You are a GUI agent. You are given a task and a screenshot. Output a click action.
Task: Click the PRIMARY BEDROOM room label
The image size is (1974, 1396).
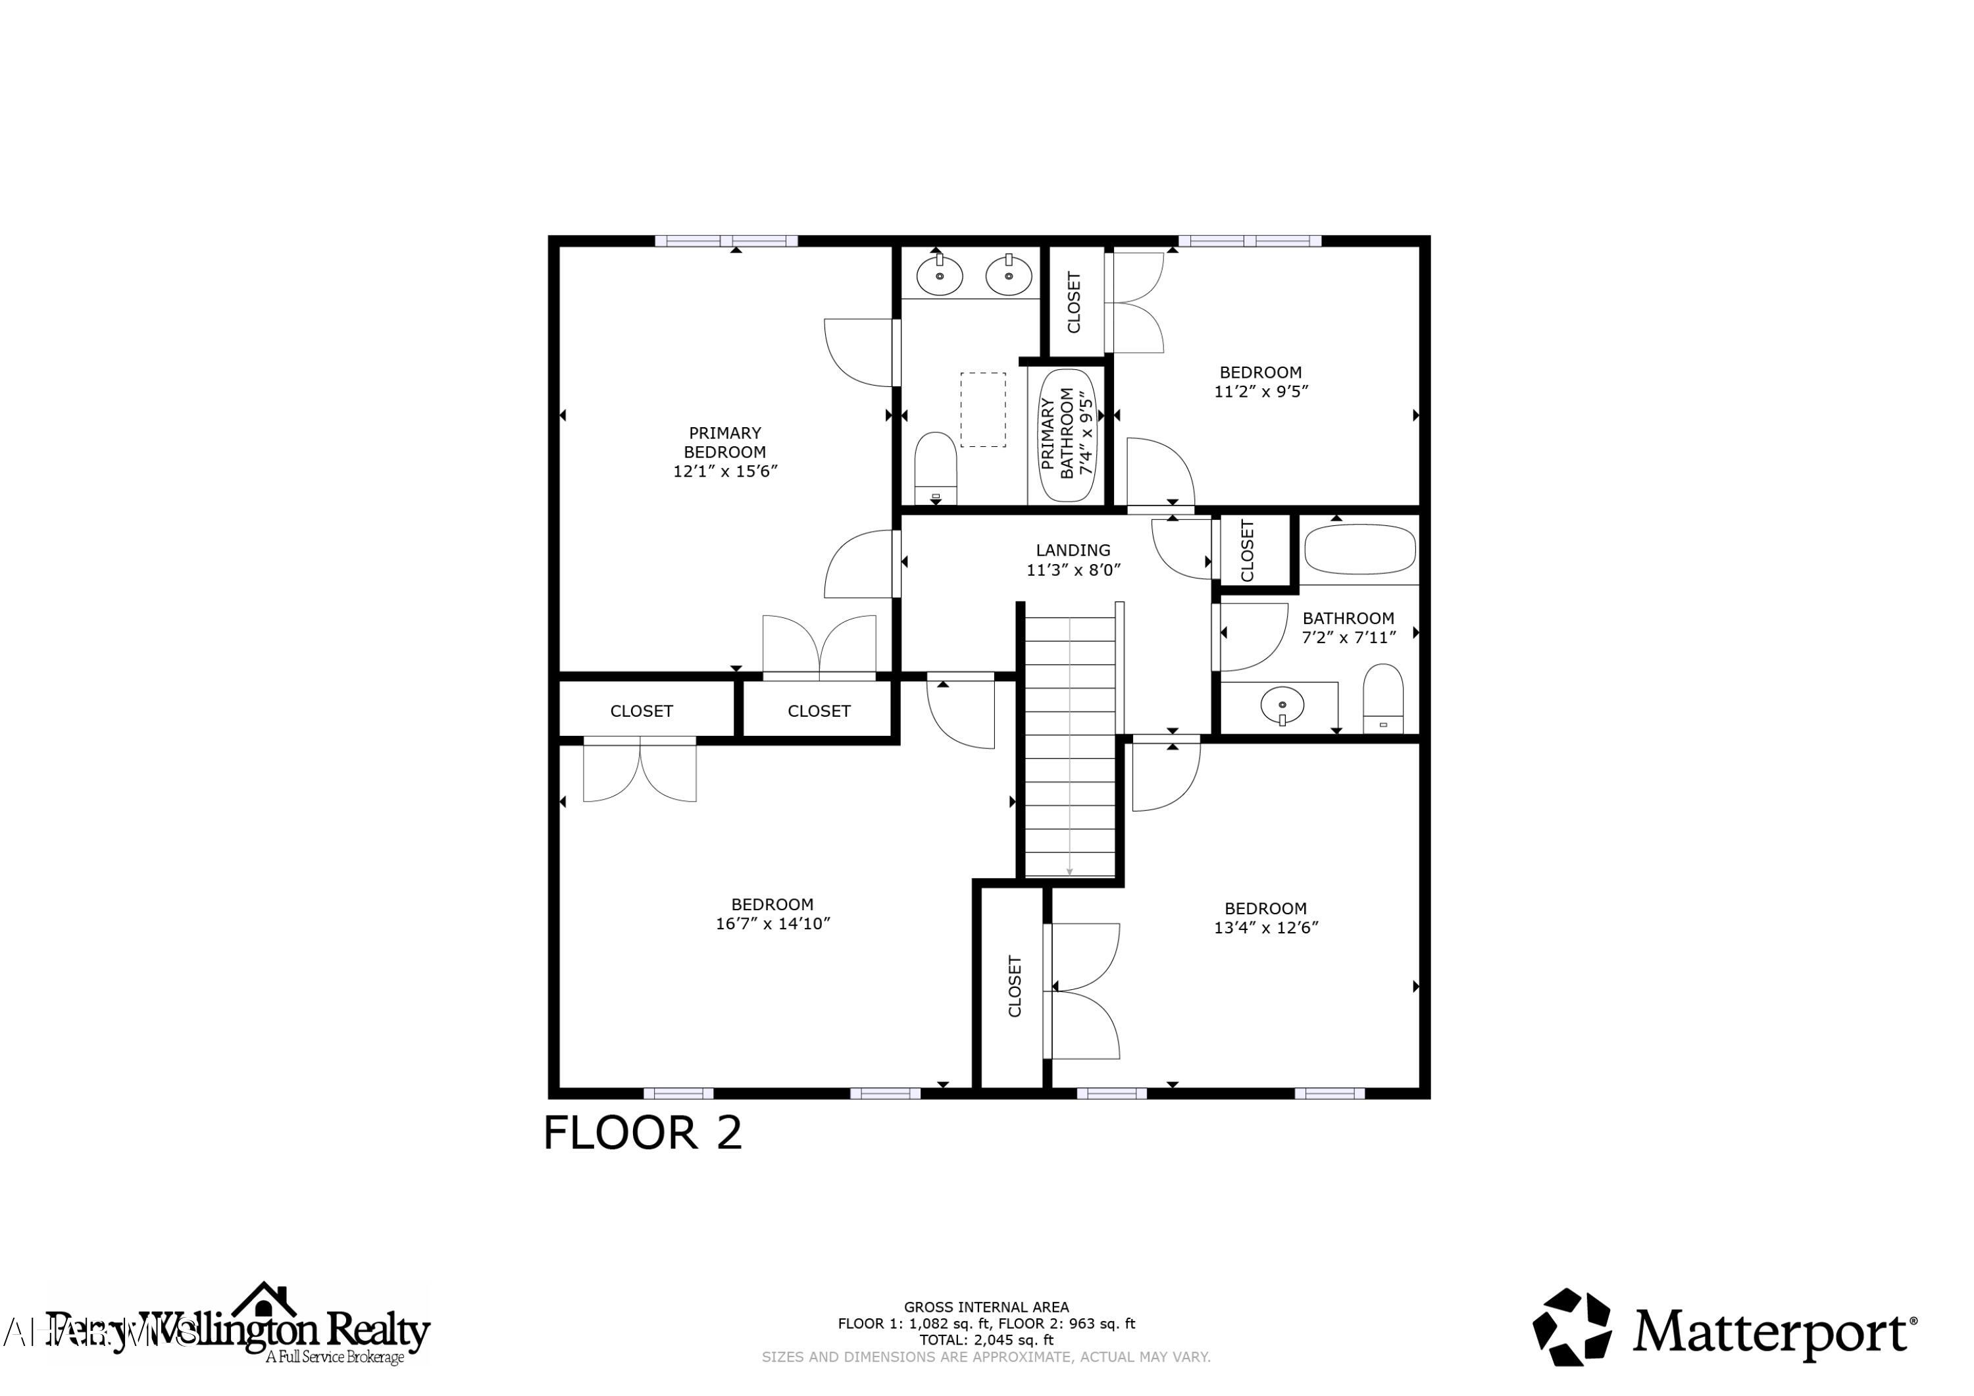(x=724, y=442)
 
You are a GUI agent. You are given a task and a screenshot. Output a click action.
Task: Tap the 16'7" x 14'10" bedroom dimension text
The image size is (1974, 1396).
(x=772, y=924)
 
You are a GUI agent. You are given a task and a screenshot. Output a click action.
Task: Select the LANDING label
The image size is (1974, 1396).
(x=1072, y=550)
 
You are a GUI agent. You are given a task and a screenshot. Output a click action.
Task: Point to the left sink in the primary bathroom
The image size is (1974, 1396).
(x=939, y=275)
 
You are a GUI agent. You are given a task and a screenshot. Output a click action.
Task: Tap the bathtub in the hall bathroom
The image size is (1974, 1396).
(x=1359, y=550)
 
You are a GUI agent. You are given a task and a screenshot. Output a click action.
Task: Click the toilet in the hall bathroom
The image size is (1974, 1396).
(x=1383, y=698)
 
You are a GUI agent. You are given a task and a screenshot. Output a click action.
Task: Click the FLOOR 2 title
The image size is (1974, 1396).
(x=642, y=1133)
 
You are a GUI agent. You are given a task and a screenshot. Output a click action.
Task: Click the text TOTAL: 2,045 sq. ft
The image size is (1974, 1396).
(x=986, y=1339)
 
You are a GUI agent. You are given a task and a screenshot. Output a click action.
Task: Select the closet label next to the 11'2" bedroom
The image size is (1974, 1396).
(x=1074, y=302)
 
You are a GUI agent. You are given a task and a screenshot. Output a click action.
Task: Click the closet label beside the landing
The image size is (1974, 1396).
(x=1248, y=550)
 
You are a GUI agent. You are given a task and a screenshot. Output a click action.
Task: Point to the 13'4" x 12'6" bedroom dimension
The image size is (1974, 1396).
(x=1265, y=927)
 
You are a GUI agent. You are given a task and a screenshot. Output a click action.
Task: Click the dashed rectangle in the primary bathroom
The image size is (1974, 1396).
(x=982, y=409)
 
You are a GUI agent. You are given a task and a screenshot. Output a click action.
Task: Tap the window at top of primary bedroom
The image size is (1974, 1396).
(x=726, y=241)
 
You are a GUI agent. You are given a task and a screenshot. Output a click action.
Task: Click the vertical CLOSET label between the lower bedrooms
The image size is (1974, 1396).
(x=1015, y=986)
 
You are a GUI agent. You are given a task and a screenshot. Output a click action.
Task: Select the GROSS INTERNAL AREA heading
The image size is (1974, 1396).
(x=986, y=1306)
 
